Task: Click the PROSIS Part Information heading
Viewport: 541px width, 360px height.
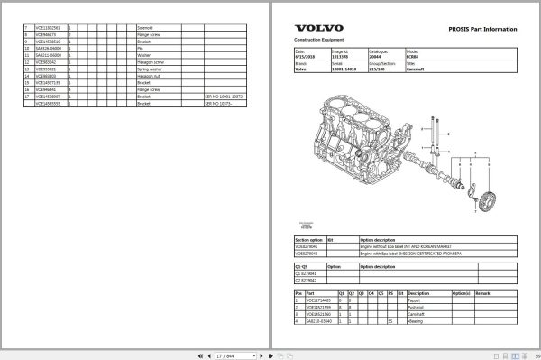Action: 483,30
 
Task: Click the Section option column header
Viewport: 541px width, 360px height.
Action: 311,239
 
